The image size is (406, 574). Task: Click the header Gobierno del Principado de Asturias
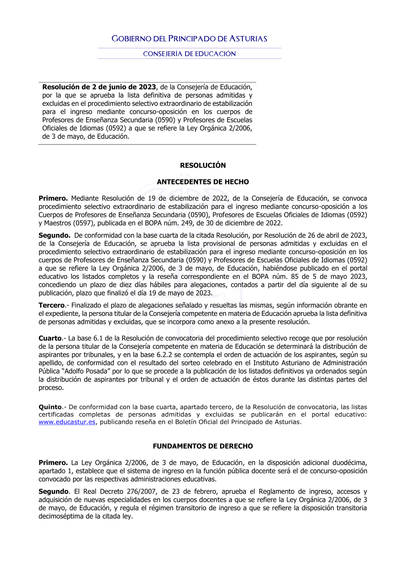click(189, 39)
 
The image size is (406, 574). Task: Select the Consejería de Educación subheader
click(189, 54)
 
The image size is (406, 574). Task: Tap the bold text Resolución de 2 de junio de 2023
click(99, 87)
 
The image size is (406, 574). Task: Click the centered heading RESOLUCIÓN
click(203, 166)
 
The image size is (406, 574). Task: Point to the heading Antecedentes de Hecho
click(203, 182)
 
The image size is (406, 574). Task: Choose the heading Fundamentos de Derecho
click(203, 447)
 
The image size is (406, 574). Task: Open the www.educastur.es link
click(67, 422)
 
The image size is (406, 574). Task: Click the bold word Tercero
click(52, 305)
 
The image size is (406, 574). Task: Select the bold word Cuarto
click(50, 339)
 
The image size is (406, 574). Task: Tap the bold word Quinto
click(50, 407)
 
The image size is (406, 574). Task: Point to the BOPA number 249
click(187, 223)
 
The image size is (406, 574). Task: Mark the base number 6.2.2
click(164, 355)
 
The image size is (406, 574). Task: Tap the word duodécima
click(350, 463)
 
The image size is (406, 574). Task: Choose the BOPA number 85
click(294, 277)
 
